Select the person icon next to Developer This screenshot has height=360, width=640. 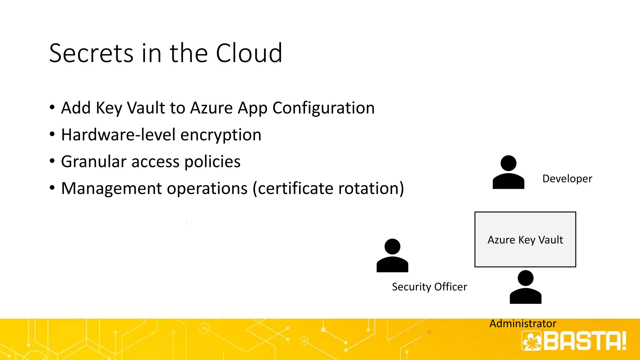point(508,172)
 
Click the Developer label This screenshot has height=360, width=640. point(567,179)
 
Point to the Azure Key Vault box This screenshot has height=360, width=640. point(525,239)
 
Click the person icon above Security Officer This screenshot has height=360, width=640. point(392,255)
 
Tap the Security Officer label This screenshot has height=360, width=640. point(429,287)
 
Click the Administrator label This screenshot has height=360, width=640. point(522,323)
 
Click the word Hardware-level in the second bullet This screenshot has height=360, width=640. point(118,135)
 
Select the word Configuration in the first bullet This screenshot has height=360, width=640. point(323,108)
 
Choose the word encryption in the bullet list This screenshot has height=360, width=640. point(221,135)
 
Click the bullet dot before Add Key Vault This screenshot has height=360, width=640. point(52,107)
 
